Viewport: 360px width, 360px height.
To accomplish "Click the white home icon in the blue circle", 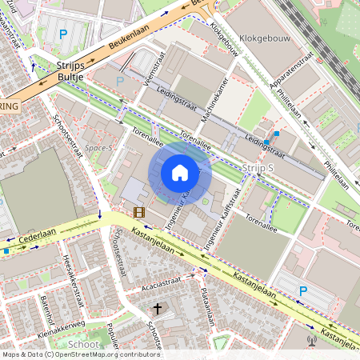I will (180, 173).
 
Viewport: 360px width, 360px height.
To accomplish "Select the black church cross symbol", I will (158, 308).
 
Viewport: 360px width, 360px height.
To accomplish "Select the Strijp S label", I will (258, 167).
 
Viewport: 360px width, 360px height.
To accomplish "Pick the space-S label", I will (100, 148).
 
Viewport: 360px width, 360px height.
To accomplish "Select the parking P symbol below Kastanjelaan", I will (303, 290).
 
